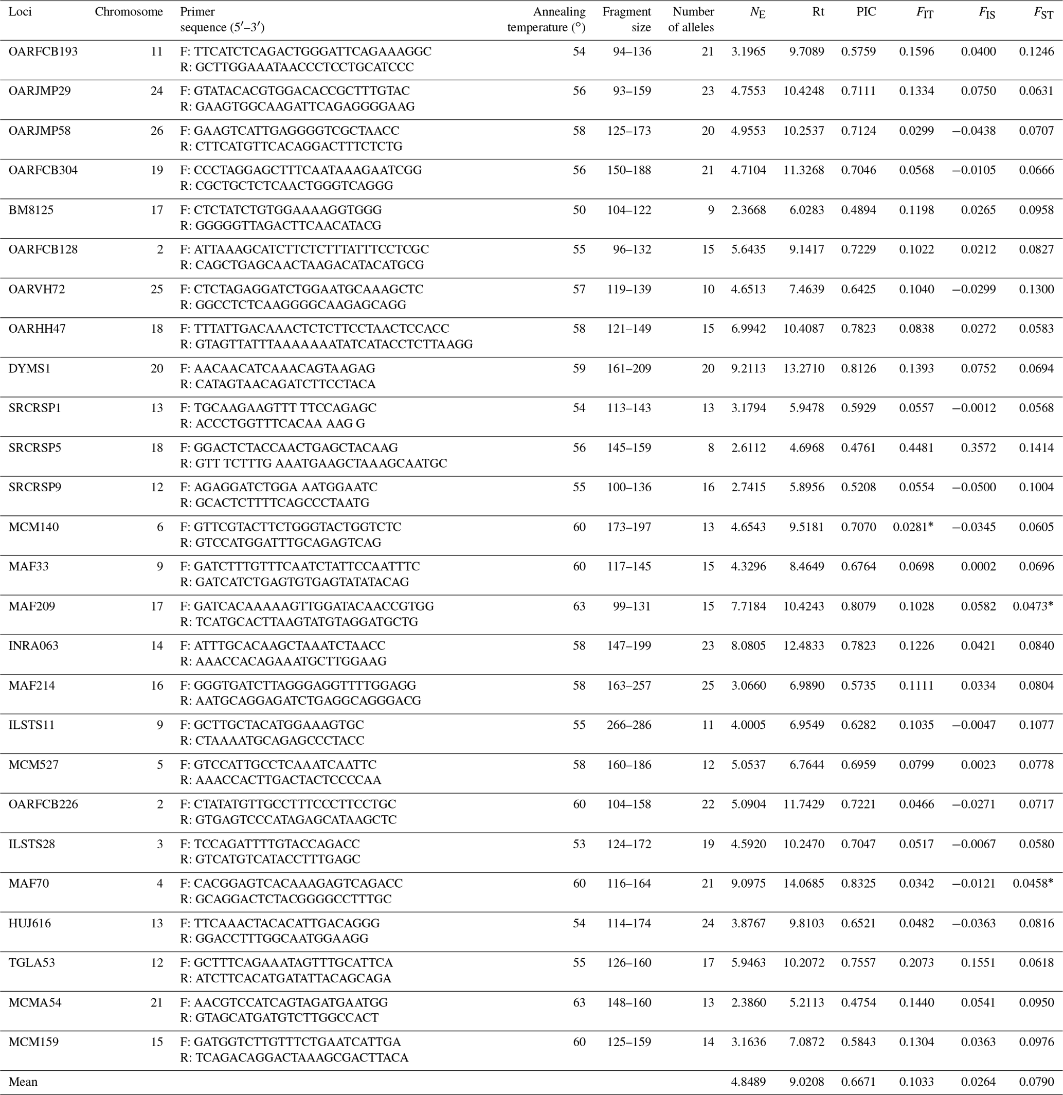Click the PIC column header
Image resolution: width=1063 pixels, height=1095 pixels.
pos(866,12)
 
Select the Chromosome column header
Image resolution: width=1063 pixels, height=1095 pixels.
pos(129,12)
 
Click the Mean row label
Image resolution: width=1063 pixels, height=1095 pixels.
pos(23,1082)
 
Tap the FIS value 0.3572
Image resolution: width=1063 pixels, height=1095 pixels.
pos(978,447)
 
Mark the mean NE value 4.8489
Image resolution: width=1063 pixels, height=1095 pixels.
pos(748,1082)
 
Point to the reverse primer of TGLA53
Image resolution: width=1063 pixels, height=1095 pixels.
pos(285,978)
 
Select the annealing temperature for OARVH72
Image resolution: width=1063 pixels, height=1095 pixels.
pos(579,290)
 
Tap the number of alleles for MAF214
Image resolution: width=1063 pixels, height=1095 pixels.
pos(707,686)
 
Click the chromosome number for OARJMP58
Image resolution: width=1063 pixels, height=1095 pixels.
pos(156,131)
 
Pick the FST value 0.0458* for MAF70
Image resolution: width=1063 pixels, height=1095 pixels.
pos(1033,883)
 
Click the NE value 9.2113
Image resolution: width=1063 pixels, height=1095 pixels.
pos(748,369)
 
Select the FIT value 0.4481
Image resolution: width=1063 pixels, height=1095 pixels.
pos(916,447)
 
